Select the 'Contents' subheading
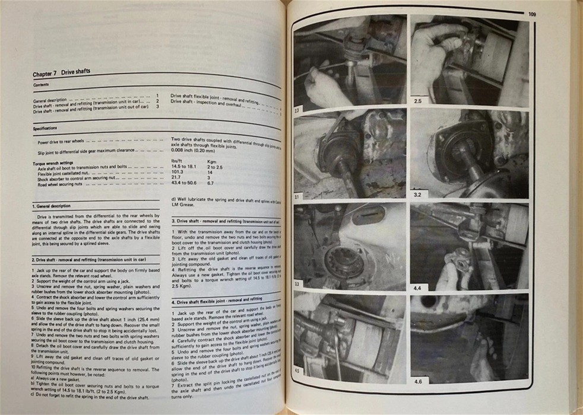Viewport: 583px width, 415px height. pyautogui.click(x=42, y=85)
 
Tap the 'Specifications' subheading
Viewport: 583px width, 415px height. pyautogui.click(x=45, y=127)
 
